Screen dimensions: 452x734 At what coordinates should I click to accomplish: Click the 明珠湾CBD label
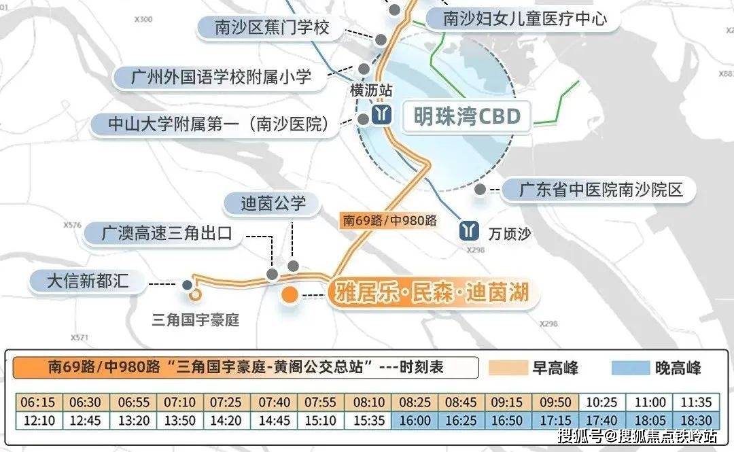click(x=468, y=116)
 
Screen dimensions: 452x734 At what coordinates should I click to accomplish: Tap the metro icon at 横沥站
click(x=381, y=116)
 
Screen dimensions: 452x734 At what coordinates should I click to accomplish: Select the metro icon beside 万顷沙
click(x=468, y=231)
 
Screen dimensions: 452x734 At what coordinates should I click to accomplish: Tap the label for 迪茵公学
click(x=274, y=203)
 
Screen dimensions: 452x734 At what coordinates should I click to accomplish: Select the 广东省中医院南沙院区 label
click(x=601, y=189)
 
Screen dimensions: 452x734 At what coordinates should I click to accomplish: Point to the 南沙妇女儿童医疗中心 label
click(x=525, y=18)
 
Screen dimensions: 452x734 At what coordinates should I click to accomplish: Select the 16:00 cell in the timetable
click(x=414, y=421)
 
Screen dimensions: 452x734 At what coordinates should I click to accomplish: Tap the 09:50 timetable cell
click(x=556, y=402)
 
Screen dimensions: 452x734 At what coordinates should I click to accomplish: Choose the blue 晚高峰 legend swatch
click(x=631, y=368)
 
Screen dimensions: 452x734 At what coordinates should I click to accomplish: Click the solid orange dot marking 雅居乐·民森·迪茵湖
click(x=290, y=295)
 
